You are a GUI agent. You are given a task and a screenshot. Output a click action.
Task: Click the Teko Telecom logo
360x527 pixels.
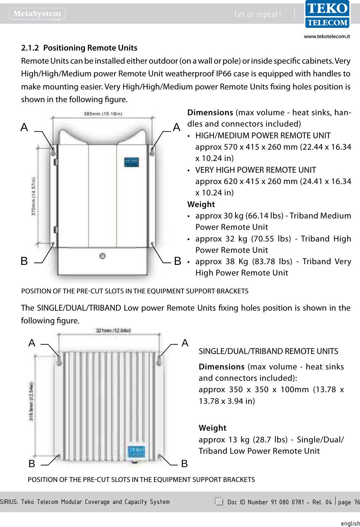coord(327,14)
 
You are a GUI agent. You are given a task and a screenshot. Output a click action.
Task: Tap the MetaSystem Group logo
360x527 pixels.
coord(37,14)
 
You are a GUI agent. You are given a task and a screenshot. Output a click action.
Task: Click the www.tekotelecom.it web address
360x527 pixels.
coord(327,36)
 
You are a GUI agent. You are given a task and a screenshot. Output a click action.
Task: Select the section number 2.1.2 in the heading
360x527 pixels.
coord(30,48)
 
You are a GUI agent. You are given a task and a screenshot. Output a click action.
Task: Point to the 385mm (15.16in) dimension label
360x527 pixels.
coord(103,114)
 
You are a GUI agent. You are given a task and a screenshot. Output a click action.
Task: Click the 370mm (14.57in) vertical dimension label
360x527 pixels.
coord(33,196)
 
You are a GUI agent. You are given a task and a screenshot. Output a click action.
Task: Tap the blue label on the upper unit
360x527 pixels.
coord(131,162)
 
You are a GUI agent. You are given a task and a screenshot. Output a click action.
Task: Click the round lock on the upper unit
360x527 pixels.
coord(102,256)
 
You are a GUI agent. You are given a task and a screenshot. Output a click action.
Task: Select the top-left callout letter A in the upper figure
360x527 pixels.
coord(24,127)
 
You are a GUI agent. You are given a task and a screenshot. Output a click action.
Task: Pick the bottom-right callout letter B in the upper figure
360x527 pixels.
coord(177,261)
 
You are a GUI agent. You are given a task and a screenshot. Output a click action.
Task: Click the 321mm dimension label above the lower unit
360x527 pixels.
coord(113,331)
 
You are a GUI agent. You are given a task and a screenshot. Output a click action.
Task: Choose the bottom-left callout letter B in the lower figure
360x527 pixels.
coord(32,464)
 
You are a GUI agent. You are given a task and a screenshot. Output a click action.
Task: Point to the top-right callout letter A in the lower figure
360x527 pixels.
coord(185,343)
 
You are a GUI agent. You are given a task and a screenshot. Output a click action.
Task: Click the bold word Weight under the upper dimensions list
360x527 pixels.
coord(201,204)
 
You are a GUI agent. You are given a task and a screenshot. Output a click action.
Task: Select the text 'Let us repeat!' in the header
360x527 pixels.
coord(258,14)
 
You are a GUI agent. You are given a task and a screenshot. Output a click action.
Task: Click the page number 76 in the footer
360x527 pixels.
coord(357,502)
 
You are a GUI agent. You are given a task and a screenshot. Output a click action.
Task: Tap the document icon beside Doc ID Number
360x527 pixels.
coord(218,501)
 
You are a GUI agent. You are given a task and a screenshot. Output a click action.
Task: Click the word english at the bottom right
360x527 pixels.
coord(350,523)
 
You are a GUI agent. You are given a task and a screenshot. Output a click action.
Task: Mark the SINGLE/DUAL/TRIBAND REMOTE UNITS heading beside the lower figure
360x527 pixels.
coord(268,351)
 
